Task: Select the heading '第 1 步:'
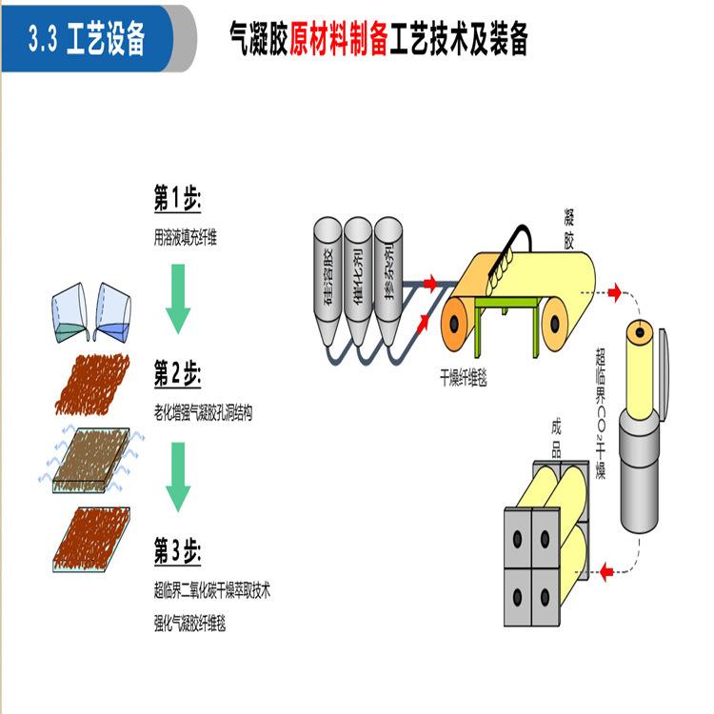point(177,202)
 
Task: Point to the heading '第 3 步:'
point(178,552)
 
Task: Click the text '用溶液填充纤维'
point(186,237)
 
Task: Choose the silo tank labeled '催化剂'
point(358,276)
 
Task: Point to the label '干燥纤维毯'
point(463,378)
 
